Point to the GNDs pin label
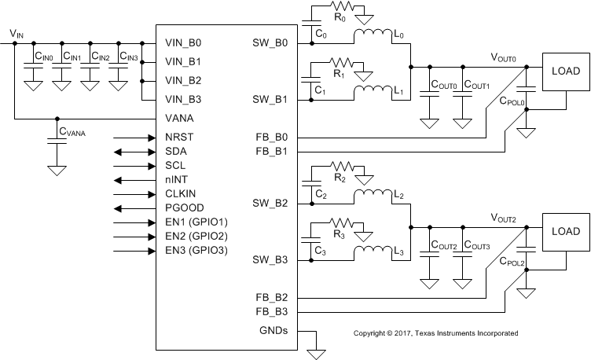[x=273, y=331]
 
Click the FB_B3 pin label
[x=273, y=312]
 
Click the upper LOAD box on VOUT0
[x=565, y=72]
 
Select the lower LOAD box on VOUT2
[x=565, y=232]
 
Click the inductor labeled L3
[x=371, y=252]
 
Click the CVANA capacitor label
[x=71, y=133]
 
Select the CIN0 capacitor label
[x=44, y=57]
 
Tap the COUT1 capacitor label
[x=477, y=85]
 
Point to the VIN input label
[x=16, y=33]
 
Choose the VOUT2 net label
[x=503, y=218]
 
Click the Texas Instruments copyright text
[x=435, y=333]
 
